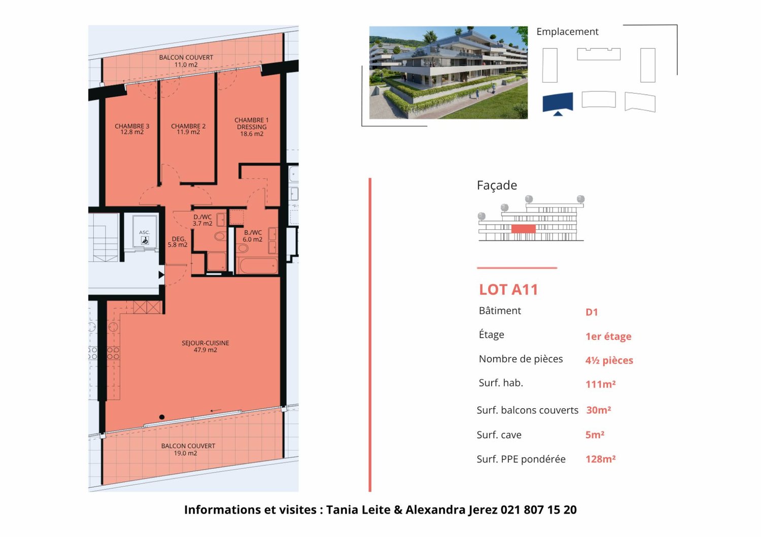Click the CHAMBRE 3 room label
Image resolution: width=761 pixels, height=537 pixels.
[x=132, y=129]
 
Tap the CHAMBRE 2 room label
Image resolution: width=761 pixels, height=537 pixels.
[x=188, y=129]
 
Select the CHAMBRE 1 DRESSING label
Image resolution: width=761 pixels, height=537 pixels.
[x=252, y=127]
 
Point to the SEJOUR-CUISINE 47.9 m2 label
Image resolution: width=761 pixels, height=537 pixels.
[x=205, y=346]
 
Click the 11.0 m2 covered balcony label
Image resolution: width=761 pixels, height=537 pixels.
[x=186, y=61]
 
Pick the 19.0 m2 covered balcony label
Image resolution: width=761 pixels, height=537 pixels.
[x=188, y=449]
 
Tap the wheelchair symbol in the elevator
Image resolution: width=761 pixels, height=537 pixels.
[x=145, y=241]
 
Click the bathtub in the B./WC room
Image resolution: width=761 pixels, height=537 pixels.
[x=258, y=266]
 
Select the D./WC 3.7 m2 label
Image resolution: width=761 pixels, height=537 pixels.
[x=202, y=220]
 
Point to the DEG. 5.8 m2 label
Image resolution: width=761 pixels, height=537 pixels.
[x=178, y=242]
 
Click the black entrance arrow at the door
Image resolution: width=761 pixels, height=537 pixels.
[x=161, y=275]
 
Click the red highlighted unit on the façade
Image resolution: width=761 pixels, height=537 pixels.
[x=523, y=229]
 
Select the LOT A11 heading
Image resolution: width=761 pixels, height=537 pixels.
[x=508, y=290]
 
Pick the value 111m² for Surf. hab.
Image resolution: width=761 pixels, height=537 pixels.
[x=600, y=384]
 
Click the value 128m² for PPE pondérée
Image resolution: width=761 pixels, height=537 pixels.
[x=600, y=459]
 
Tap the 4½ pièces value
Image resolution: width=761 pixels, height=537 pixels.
[x=609, y=361]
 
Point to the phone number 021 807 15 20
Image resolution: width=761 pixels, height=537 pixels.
[x=538, y=510]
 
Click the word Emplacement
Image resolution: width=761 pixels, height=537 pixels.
[x=567, y=31]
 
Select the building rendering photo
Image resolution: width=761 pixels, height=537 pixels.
[x=448, y=73]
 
